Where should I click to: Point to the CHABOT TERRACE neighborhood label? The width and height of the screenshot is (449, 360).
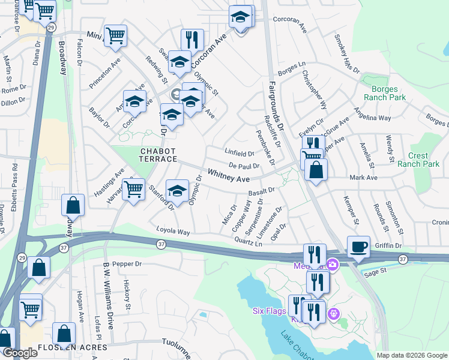point(159,154)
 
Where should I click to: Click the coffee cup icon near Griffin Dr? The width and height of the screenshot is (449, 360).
point(358,247)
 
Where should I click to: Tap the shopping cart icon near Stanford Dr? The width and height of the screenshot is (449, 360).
point(134,190)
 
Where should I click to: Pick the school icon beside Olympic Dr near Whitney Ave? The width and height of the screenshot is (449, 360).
point(176,191)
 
